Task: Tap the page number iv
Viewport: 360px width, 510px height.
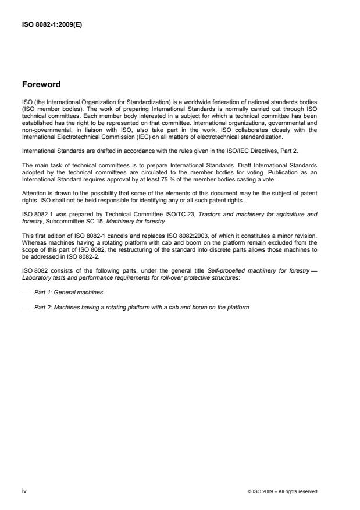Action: click(24, 491)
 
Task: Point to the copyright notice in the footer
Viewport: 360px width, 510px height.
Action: click(283, 491)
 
